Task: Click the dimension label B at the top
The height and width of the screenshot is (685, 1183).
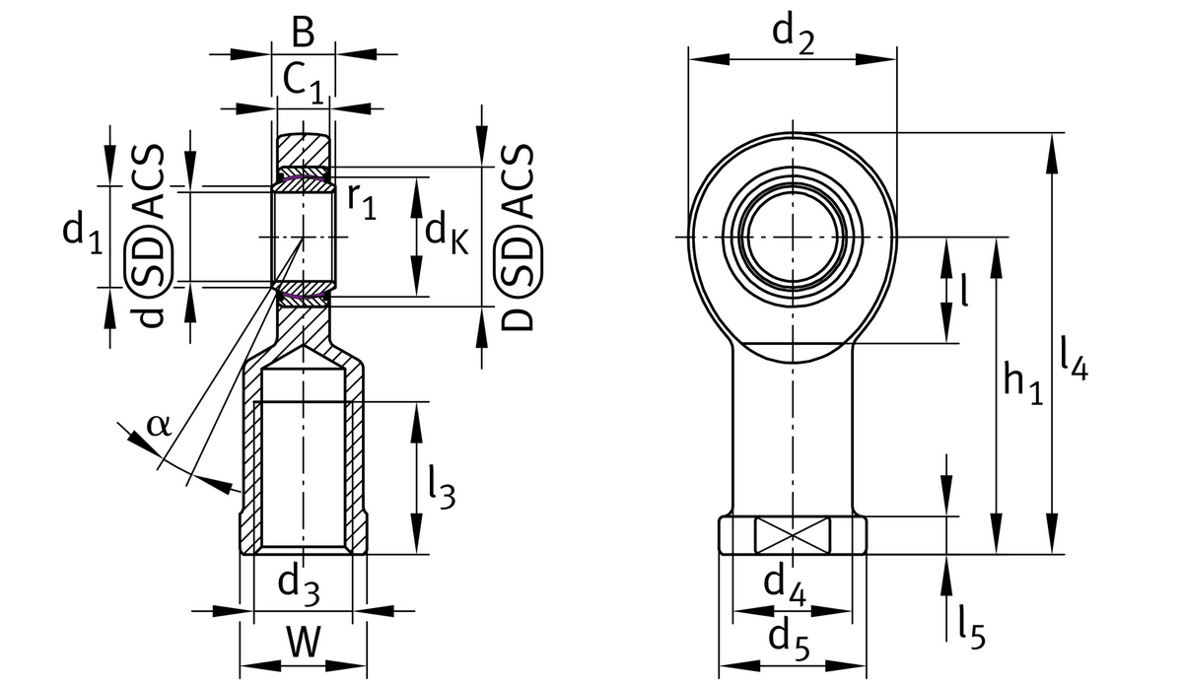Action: (304, 34)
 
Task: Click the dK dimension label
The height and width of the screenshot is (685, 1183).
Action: (447, 235)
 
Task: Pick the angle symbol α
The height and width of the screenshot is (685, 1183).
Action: (158, 424)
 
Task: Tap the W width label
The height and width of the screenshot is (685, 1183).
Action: (304, 643)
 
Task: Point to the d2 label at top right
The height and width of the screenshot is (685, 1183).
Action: (794, 34)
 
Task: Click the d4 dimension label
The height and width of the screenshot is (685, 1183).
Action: (786, 585)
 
